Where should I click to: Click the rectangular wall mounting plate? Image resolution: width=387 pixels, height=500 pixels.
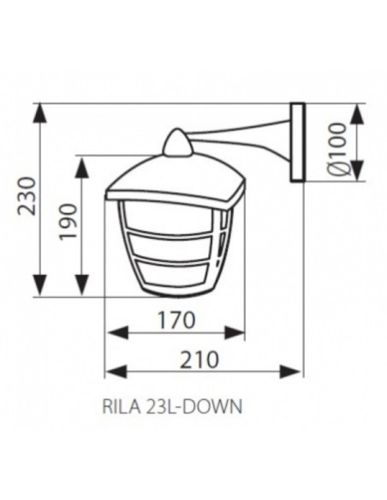coord(297,143)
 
